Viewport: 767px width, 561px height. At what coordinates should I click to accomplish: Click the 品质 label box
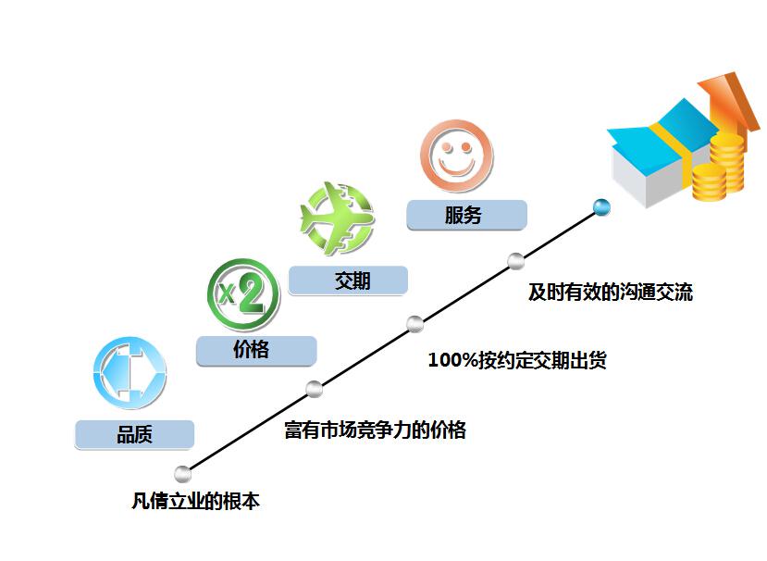(x=134, y=434)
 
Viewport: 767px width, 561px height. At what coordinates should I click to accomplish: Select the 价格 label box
(x=256, y=350)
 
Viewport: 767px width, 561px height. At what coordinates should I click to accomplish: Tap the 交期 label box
(x=348, y=280)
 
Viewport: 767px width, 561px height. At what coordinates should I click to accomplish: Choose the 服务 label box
(x=466, y=215)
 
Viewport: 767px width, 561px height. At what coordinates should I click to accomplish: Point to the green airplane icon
(x=337, y=218)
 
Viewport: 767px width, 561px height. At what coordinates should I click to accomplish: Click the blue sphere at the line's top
(x=601, y=207)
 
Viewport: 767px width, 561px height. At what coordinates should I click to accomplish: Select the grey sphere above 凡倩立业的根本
(x=183, y=474)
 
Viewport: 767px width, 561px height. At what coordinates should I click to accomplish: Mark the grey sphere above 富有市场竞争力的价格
(x=315, y=389)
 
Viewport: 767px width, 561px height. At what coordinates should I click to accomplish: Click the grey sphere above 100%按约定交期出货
(x=414, y=324)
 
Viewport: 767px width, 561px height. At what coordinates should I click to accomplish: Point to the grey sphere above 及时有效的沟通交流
(x=515, y=261)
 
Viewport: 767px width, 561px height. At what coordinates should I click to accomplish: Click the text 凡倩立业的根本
(x=195, y=501)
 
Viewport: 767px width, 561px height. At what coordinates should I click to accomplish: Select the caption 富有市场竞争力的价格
(x=376, y=430)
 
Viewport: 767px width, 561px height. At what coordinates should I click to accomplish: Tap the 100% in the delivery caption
(x=453, y=360)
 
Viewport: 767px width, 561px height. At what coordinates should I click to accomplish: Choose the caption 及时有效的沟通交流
(x=611, y=293)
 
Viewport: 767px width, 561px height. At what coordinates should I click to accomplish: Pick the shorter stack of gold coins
(x=710, y=182)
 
